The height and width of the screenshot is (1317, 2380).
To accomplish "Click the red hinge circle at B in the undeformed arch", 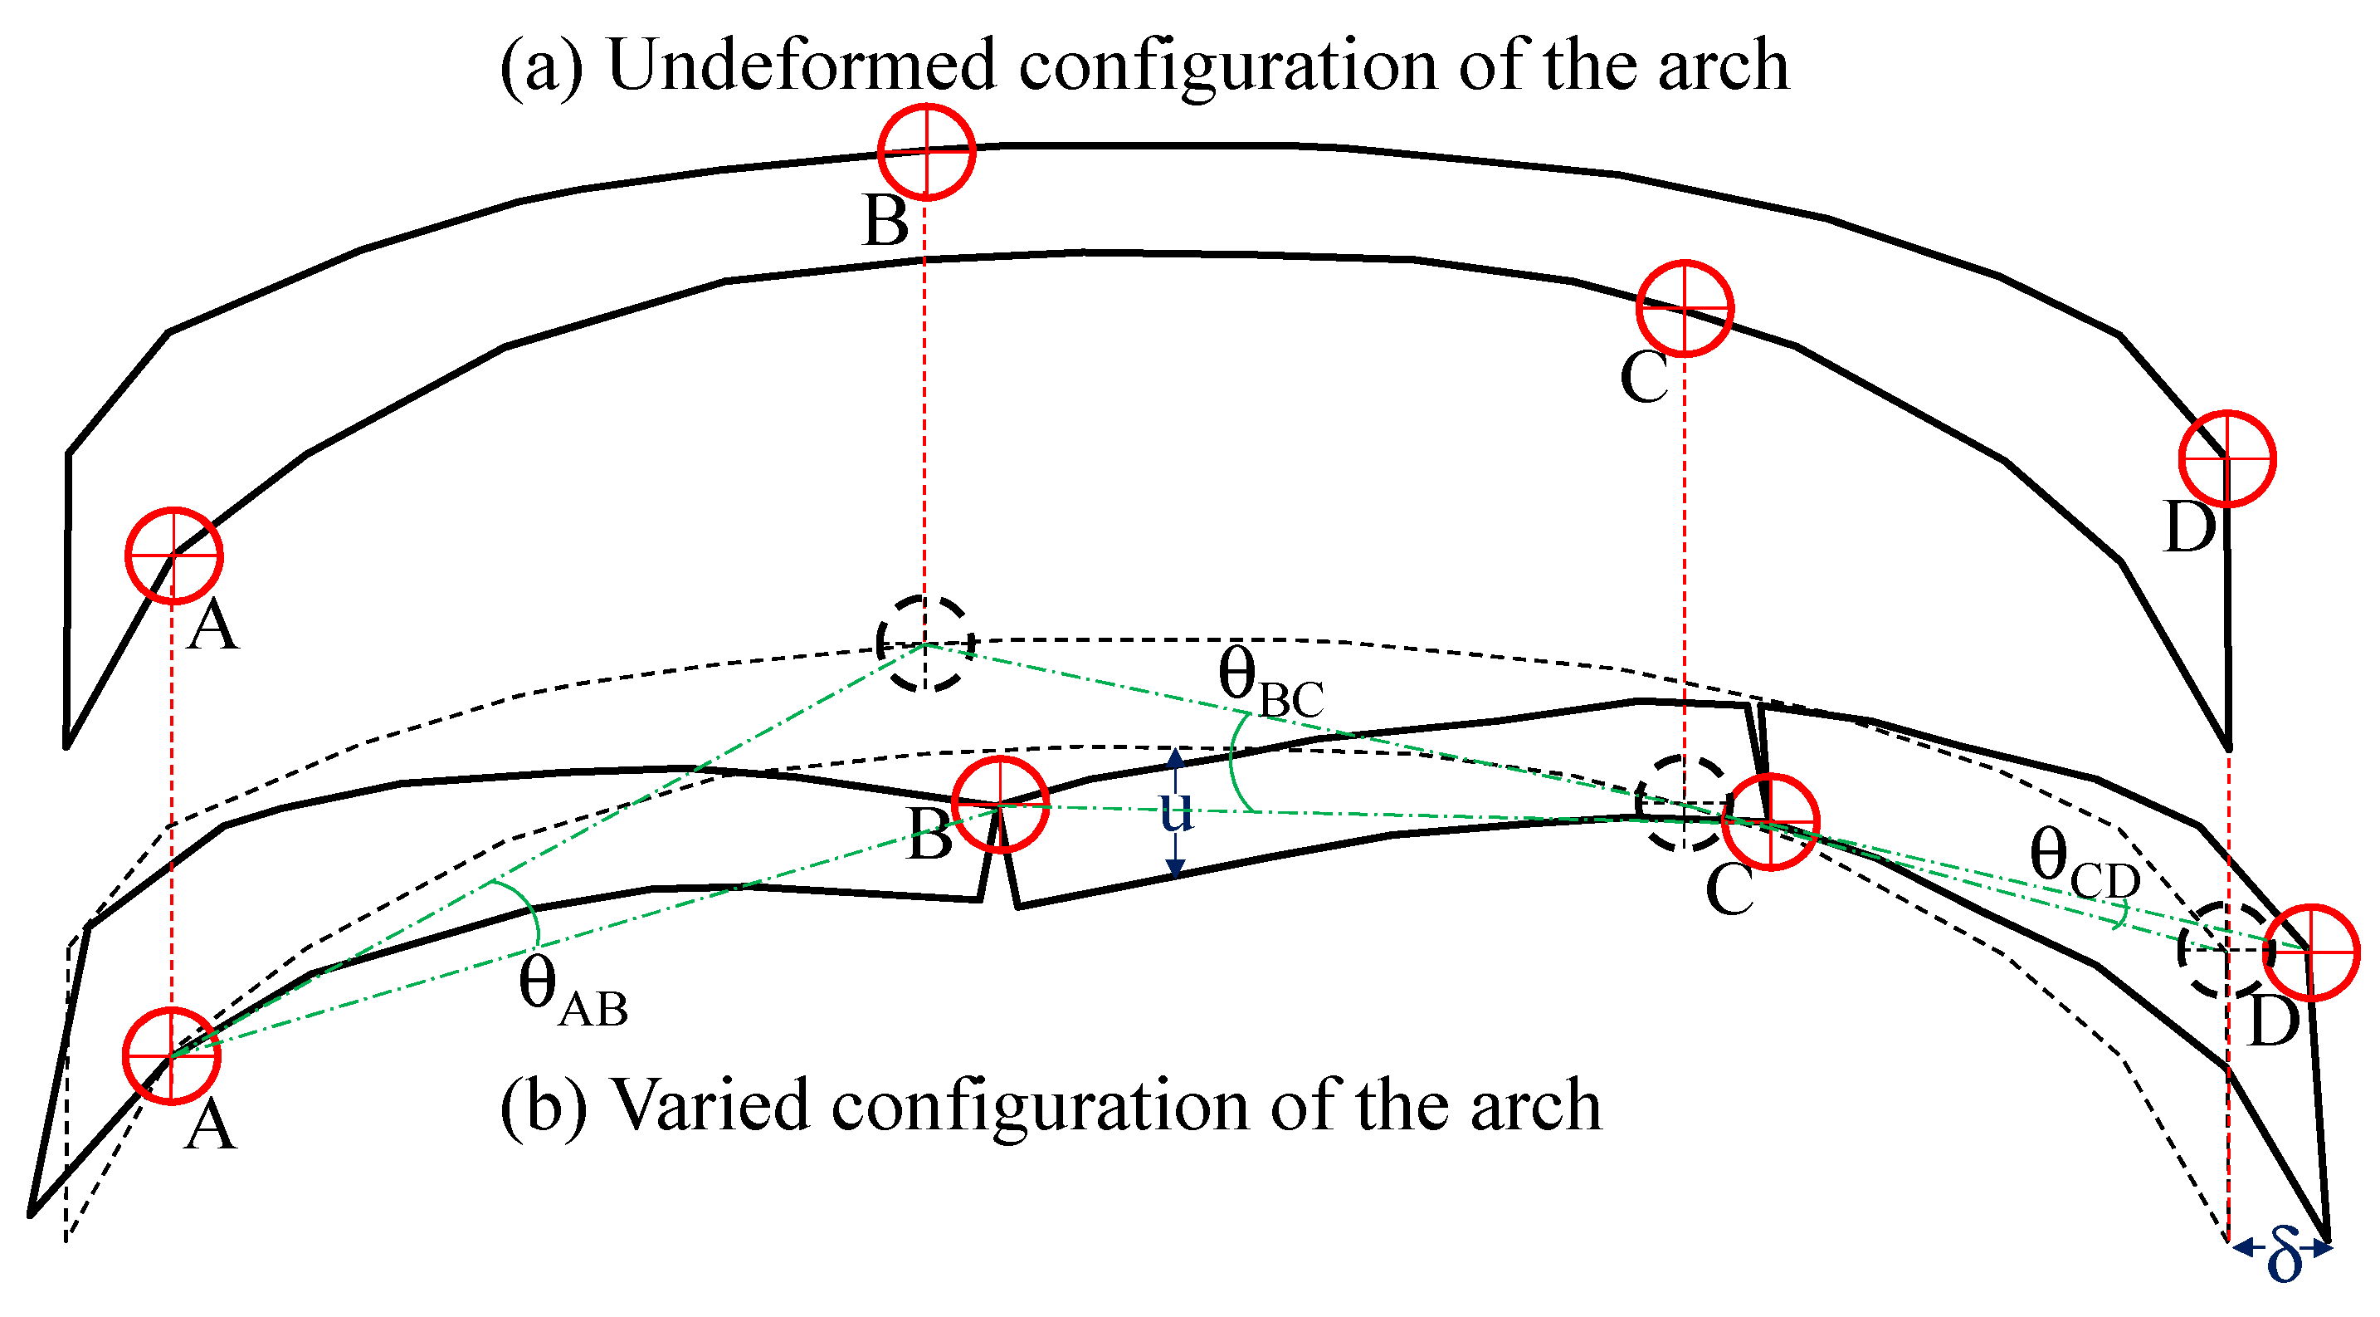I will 926,152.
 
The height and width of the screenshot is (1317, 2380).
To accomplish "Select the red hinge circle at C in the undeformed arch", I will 1685,308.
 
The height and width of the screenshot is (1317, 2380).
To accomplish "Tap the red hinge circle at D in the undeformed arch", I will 2226,458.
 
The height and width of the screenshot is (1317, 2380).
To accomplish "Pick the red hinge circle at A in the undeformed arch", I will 173,556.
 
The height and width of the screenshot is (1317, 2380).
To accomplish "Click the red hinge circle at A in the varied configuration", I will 172,1055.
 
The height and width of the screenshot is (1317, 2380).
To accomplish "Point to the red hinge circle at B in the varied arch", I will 1000,805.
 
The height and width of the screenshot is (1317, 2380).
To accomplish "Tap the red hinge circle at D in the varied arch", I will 2312,952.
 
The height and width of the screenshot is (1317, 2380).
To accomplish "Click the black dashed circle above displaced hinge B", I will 924,644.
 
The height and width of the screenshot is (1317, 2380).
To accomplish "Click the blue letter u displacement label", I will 1176,811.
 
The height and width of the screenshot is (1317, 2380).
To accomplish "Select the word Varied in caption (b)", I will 711,1105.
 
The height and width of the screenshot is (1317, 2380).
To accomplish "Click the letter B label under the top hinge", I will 885,222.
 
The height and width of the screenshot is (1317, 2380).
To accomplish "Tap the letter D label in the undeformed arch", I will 2190,526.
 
